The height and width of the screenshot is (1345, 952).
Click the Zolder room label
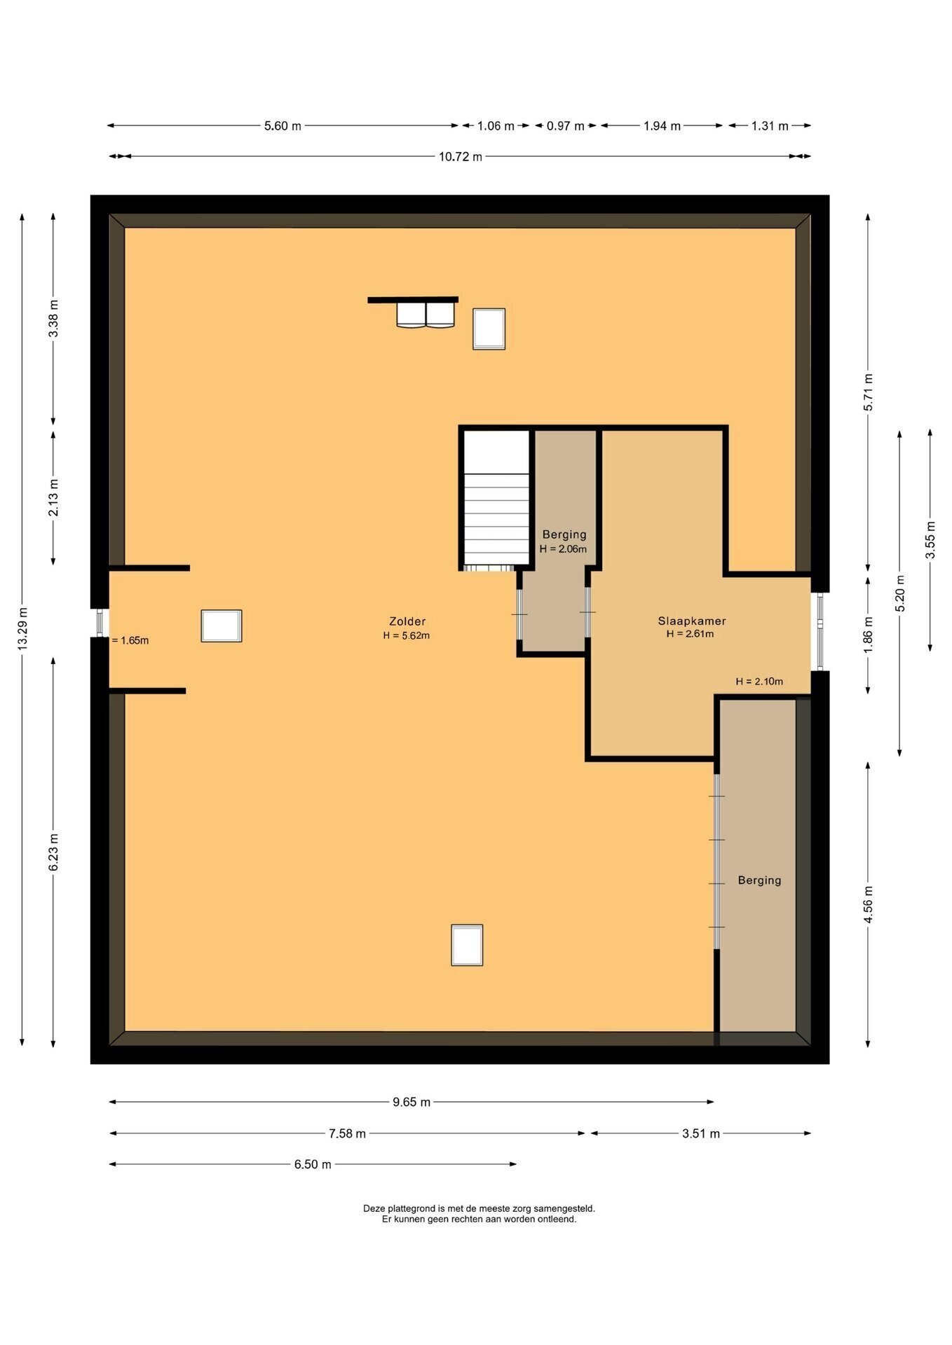point(407,621)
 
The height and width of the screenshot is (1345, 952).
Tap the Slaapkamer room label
point(692,621)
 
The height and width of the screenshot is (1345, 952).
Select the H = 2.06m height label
point(563,549)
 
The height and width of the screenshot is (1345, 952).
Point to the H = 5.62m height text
point(406,636)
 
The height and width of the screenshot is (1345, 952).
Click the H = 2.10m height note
point(759,681)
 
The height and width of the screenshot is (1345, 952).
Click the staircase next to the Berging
point(496,499)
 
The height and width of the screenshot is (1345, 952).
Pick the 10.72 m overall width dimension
point(461,157)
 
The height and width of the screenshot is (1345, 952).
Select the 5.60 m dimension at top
point(283,126)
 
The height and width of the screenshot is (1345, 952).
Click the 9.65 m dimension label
point(412,1102)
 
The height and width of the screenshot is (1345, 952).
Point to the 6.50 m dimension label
point(313,1164)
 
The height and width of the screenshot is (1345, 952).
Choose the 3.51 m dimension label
point(701,1133)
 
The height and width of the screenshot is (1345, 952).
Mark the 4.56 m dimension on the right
point(869,904)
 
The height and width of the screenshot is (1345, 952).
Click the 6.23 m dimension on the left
point(53,853)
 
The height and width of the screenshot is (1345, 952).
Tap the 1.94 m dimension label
point(662,126)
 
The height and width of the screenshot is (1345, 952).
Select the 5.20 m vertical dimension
point(900,593)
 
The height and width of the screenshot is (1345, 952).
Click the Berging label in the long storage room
point(759,881)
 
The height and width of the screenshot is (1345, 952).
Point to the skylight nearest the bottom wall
point(467,945)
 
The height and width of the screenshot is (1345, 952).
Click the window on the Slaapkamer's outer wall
point(817,632)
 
